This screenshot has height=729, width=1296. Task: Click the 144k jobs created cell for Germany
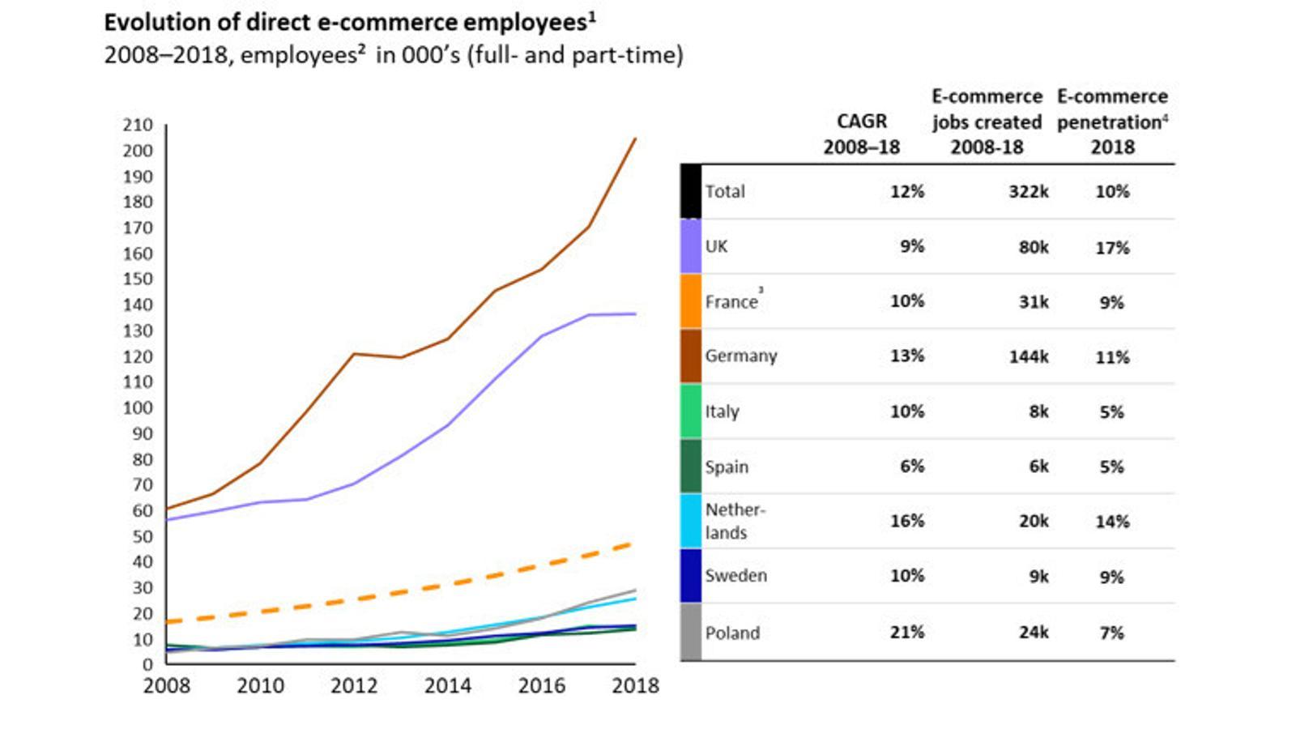click(x=1028, y=356)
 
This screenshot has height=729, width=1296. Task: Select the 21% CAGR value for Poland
click(x=906, y=632)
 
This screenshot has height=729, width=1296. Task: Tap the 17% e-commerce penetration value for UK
click(x=1111, y=248)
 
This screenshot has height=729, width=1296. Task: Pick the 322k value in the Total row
click(x=1028, y=192)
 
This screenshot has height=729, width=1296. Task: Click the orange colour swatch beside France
click(x=690, y=301)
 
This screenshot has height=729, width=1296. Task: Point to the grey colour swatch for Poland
click(x=690, y=632)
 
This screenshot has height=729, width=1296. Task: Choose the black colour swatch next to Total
click(x=690, y=192)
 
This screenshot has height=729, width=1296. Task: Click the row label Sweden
click(x=735, y=576)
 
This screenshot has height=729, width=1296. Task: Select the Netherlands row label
click(x=734, y=521)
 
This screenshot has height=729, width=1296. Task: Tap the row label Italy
click(x=722, y=411)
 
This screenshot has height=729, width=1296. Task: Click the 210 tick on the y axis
click(x=138, y=126)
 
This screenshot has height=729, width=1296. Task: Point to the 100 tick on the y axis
click(x=138, y=408)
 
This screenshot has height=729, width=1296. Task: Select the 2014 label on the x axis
click(x=447, y=686)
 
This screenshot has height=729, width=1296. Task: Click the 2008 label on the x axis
click(x=167, y=686)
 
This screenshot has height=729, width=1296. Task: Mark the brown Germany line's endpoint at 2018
click(x=635, y=139)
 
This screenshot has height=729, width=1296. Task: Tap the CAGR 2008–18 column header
click(x=861, y=134)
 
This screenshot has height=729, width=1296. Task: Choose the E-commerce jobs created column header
click(x=987, y=122)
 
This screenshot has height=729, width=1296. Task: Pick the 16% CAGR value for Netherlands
click(x=906, y=521)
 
